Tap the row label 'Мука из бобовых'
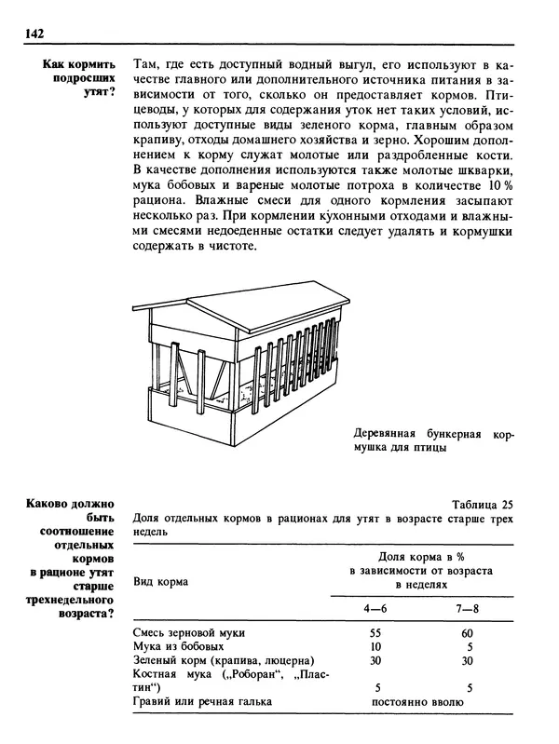point(180,646)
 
